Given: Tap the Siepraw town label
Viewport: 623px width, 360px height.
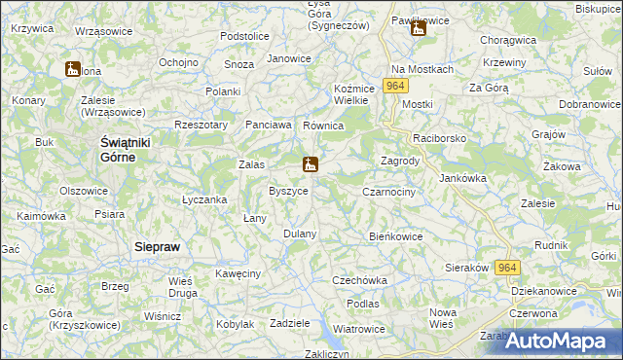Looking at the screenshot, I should click(x=156, y=247).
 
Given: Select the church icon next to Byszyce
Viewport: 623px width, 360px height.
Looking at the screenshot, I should click(x=310, y=164).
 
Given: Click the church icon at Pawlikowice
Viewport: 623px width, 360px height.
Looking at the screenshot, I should click(x=418, y=28).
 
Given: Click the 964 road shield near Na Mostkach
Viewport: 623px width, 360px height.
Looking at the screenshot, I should click(x=395, y=87).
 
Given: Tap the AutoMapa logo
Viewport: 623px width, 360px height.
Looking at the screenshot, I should click(x=563, y=342).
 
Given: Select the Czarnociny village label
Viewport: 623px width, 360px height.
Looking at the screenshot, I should click(x=389, y=193).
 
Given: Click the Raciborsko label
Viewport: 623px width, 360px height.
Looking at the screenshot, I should click(x=440, y=139).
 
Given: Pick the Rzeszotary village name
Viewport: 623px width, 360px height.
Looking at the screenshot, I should click(x=201, y=125).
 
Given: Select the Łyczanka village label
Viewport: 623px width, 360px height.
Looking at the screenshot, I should click(x=204, y=199).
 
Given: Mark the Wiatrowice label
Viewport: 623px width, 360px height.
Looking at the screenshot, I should click(x=359, y=329).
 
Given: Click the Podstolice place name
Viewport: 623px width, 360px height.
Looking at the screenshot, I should click(x=244, y=36).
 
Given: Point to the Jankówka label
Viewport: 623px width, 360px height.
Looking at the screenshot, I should click(x=463, y=178).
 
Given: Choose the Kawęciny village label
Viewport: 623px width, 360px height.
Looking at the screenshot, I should click(x=238, y=273).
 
